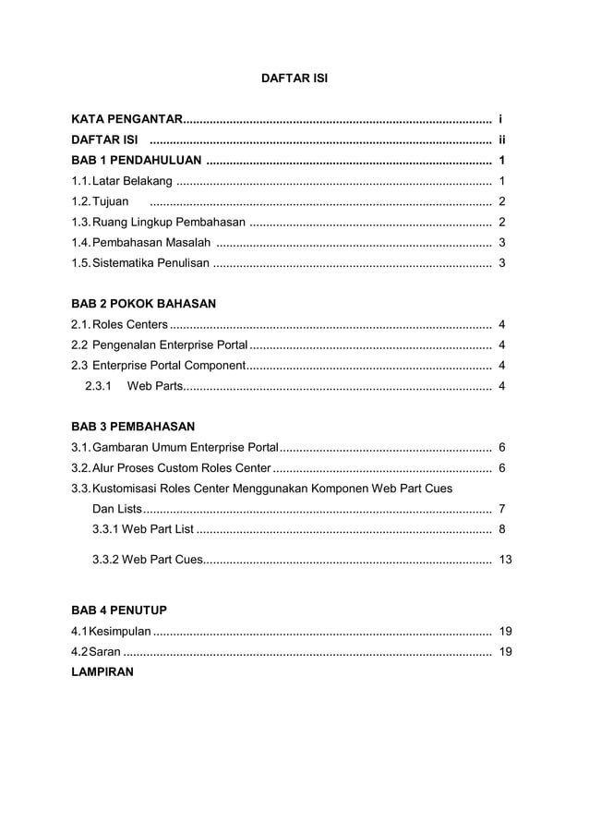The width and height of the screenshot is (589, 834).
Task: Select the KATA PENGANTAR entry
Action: tap(126, 120)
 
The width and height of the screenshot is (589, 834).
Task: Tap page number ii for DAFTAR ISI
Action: tap(501, 140)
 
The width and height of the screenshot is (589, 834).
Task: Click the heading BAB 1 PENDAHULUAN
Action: tap(138, 161)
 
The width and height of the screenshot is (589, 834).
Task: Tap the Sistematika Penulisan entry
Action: tap(150, 262)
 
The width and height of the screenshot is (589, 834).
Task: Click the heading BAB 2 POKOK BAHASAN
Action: tap(143, 303)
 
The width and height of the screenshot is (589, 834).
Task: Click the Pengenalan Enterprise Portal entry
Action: tap(169, 345)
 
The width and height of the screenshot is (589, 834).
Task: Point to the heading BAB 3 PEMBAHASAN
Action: tap(133, 427)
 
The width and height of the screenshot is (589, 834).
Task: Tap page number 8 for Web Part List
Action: tap(501, 529)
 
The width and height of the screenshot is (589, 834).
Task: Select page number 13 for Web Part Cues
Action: tap(505, 560)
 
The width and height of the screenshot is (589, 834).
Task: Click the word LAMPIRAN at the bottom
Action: tap(102, 672)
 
